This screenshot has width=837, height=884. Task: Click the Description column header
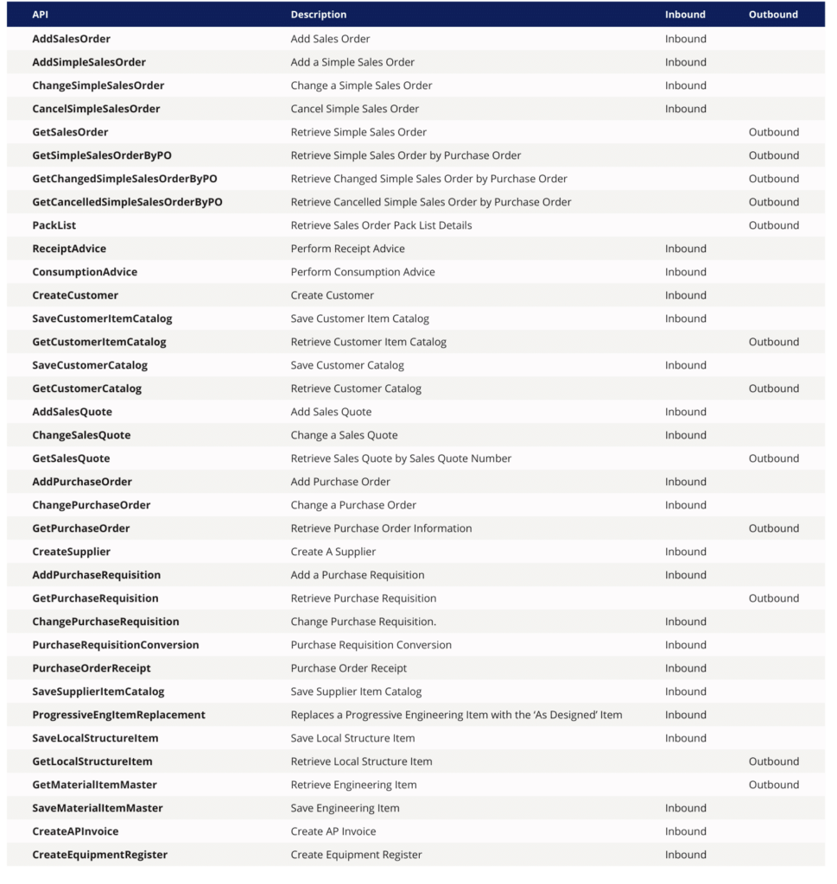coord(319,15)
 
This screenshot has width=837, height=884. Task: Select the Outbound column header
coord(773,15)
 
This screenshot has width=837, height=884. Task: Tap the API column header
coord(41,15)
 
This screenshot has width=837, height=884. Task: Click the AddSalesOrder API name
coord(71,39)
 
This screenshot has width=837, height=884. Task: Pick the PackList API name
coord(54,225)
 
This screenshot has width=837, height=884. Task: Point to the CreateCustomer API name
coord(75,295)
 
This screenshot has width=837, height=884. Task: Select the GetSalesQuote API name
coord(71,458)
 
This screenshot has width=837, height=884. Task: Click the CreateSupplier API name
coord(71,552)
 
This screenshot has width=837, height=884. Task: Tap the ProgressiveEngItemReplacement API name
coord(118,715)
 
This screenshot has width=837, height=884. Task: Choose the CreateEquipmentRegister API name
coord(99,855)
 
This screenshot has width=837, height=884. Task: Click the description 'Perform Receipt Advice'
coord(347,249)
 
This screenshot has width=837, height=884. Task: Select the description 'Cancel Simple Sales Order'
coord(354,109)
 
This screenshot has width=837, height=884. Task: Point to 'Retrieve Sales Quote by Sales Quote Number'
coord(401,458)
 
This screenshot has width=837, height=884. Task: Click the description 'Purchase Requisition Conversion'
coord(371,645)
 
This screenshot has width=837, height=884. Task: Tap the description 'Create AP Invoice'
coord(333,831)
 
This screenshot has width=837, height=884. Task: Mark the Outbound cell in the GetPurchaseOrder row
coord(773,528)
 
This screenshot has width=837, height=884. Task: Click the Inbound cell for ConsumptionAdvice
coord(685,272)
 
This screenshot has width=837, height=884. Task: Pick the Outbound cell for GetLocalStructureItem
coord(773,761)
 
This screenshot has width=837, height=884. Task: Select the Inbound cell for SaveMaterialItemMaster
coord(685,808)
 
